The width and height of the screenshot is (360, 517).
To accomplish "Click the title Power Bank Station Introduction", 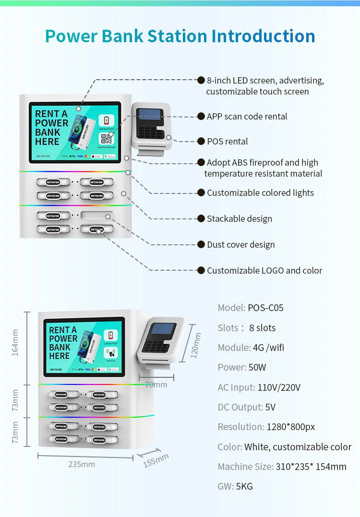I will click(x=180, y=36).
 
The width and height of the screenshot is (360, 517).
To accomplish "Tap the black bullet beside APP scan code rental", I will click(x=201, y=116).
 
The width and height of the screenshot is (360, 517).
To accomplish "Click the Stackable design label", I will click(x=239, y=219).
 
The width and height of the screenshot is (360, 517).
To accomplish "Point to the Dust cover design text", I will click(x=240, y=245).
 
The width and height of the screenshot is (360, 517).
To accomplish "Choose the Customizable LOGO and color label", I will click(x=264, y=271).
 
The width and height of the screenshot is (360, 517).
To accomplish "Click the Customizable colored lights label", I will click(x=260, y=193).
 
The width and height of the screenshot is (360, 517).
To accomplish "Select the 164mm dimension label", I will click(x=15, y=343).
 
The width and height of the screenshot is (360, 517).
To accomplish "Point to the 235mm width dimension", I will click(x=81, y=464).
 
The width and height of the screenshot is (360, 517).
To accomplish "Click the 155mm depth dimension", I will click(x=156, y=460).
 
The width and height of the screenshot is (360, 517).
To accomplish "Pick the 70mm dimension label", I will click(x=156, y=385).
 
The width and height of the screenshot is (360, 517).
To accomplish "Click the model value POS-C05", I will click(x=265, y=308).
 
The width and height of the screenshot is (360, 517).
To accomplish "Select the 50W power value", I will click(x=257, y=367).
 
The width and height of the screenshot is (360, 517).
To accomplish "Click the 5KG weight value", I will click(x=244, y=486).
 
